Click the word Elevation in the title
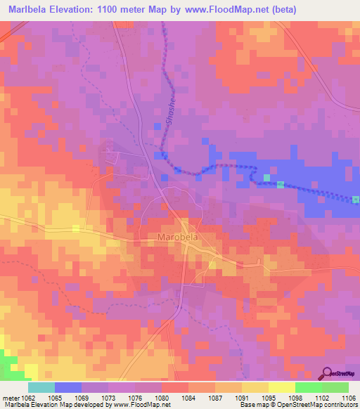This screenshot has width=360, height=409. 82,10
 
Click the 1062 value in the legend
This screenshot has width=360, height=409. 29,397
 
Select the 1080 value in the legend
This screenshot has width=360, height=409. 162,397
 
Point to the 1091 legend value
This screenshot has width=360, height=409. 243,397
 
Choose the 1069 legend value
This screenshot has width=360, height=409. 82,397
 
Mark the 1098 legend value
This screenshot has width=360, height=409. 296,397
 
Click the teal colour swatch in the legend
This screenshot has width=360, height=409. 41,387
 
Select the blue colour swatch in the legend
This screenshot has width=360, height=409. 68,387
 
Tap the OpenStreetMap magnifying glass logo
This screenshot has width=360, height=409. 328,373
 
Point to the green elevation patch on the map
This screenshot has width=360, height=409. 8,365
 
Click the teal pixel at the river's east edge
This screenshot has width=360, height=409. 356,200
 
